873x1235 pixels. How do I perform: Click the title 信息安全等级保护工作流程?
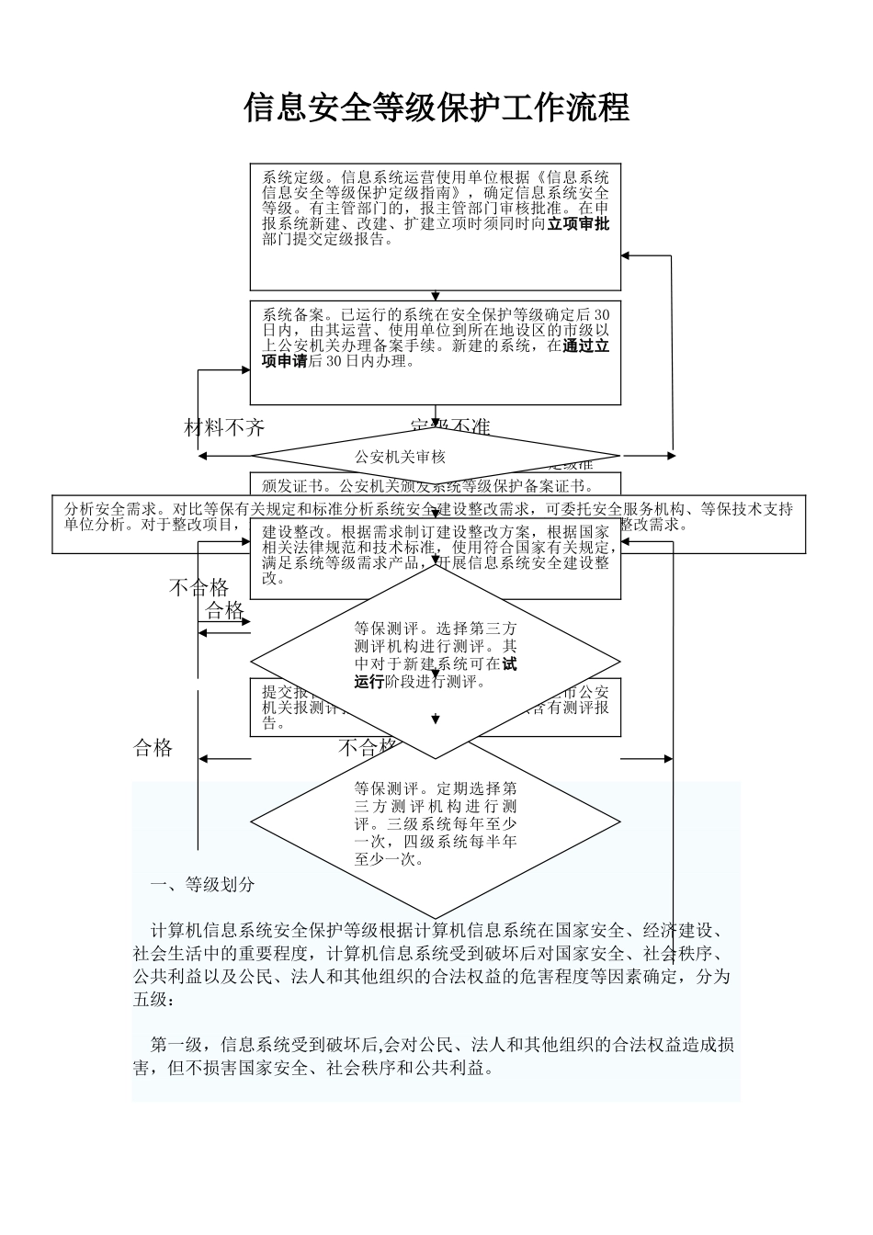click(436, 108)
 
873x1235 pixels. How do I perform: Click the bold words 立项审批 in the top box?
click(578, 223)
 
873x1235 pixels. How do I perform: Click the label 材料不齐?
click(224, 427)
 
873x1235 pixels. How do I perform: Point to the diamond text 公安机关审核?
click(400, 457)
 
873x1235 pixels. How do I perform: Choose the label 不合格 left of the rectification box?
click(198, 588)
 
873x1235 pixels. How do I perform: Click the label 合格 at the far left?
click(153, 748)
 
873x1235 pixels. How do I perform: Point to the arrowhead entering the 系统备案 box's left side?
click(245, 370)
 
